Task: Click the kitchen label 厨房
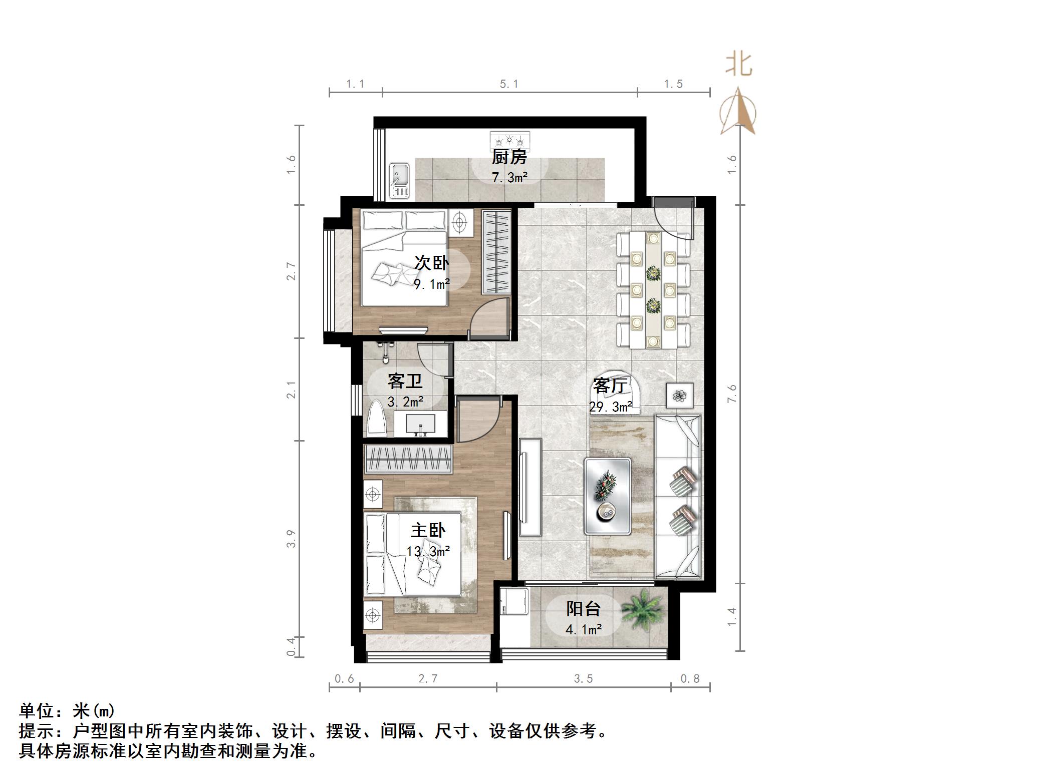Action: (509, 157)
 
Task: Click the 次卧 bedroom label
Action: (431, 263)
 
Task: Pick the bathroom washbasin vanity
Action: (420, 423)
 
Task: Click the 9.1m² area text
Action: (431, 284)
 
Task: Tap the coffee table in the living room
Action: (607, 495)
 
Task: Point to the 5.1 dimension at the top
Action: (509, 84)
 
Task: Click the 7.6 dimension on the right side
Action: (732, 393)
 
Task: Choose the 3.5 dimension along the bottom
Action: (583, 679)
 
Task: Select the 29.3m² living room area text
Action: (610, 407)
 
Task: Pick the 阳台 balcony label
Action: (584, 609)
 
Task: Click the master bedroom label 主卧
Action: (428, 530)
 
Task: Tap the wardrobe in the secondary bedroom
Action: (496, 252)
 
